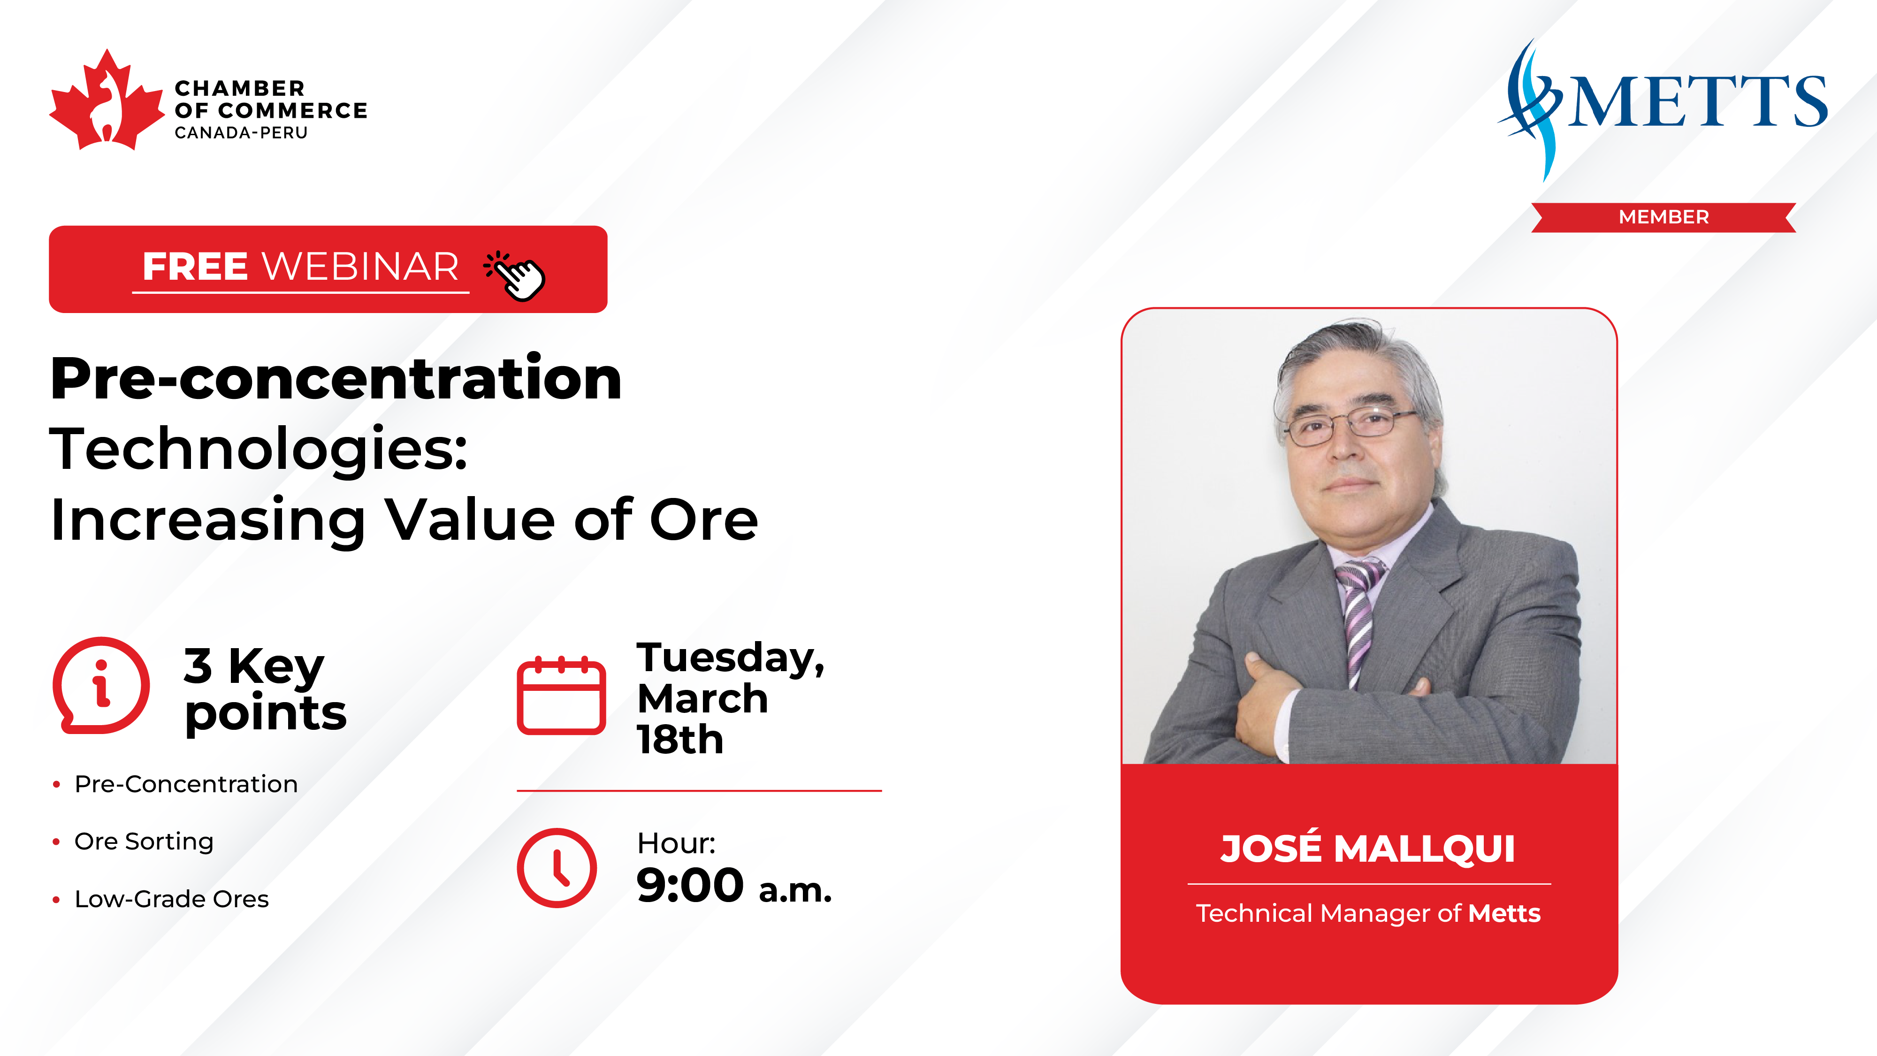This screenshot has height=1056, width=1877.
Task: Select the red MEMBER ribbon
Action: click(x=1663, y=217)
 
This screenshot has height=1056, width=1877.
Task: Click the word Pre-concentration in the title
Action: click(x=336, y=378)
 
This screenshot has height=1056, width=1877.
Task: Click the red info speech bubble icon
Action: click(x=101, y=685)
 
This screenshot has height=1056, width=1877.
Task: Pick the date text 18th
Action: click(x=680, y=740)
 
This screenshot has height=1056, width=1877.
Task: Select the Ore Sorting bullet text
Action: click(x=144, y=842)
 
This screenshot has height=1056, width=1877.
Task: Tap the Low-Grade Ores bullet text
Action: click(x=172, y=899)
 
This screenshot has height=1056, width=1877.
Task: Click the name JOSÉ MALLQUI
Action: click(x=1368, y=848)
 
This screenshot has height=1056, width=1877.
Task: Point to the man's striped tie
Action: click(x=1358, y=620)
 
